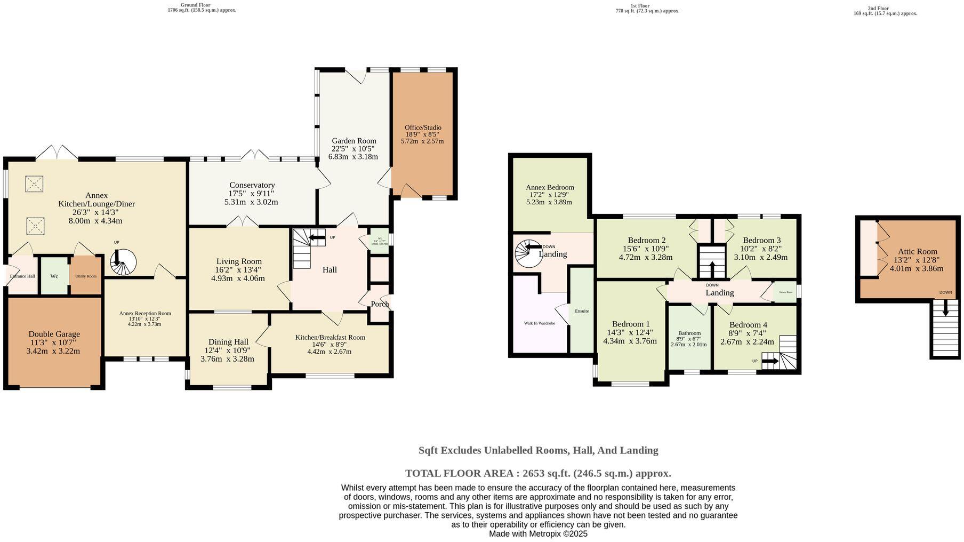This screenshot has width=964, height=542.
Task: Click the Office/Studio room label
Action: (422, 127)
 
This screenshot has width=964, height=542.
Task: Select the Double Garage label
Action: (54, 334)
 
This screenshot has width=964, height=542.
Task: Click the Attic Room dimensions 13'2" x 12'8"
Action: (917, 260)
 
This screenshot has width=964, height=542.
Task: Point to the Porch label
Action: (380, 304)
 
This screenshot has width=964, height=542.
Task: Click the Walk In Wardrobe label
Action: (539, 323)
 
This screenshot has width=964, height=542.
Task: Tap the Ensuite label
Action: (582, 311)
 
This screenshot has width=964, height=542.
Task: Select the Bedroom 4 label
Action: (748, 325)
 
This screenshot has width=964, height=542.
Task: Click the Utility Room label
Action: (86, 276)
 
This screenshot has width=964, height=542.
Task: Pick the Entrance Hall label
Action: (22, 276)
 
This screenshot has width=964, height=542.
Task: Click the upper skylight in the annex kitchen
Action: (35, 185)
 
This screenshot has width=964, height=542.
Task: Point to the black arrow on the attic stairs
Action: (945, 308)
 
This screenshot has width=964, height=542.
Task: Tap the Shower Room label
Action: (785, 292)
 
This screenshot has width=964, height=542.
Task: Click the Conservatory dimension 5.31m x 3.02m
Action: (251, 202)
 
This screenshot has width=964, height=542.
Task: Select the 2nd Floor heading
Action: (885, 8)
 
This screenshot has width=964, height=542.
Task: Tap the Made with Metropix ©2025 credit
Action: (538, 534)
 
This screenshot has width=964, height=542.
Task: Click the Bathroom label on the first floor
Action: (689, 333)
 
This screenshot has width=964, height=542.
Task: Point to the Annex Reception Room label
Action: (145, 313)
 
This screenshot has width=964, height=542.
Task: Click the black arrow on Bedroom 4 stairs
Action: (770, 362)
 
